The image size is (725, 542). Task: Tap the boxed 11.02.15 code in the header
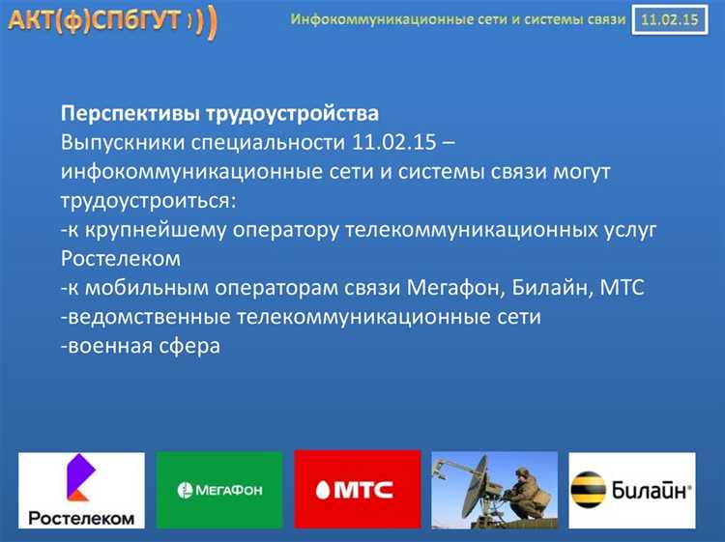pos(665,19)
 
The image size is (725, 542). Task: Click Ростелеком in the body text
pos(120,258)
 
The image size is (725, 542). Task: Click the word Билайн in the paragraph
pos(546,287)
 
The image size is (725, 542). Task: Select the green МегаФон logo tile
pos(219,490)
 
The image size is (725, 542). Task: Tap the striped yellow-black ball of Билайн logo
pos(590,490)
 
